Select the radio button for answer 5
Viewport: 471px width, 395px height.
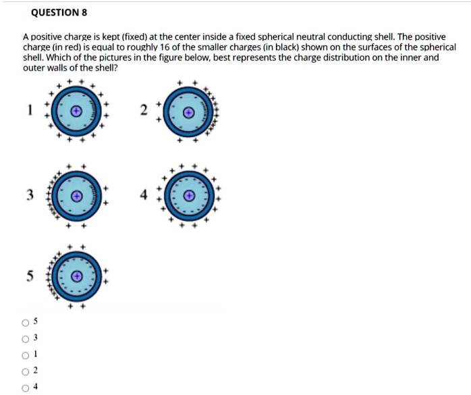point(26,321)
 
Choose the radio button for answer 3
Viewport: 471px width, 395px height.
point(26,338)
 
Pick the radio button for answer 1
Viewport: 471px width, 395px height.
point(26,354)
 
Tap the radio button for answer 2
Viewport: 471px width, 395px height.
point(26,370)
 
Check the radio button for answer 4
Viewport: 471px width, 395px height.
point(26,387)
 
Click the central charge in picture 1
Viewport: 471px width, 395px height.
point(77,110)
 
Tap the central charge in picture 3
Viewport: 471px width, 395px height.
point(77,196)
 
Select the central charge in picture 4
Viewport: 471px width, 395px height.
point(190,196)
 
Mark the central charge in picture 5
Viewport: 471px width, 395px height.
point(77,276)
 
